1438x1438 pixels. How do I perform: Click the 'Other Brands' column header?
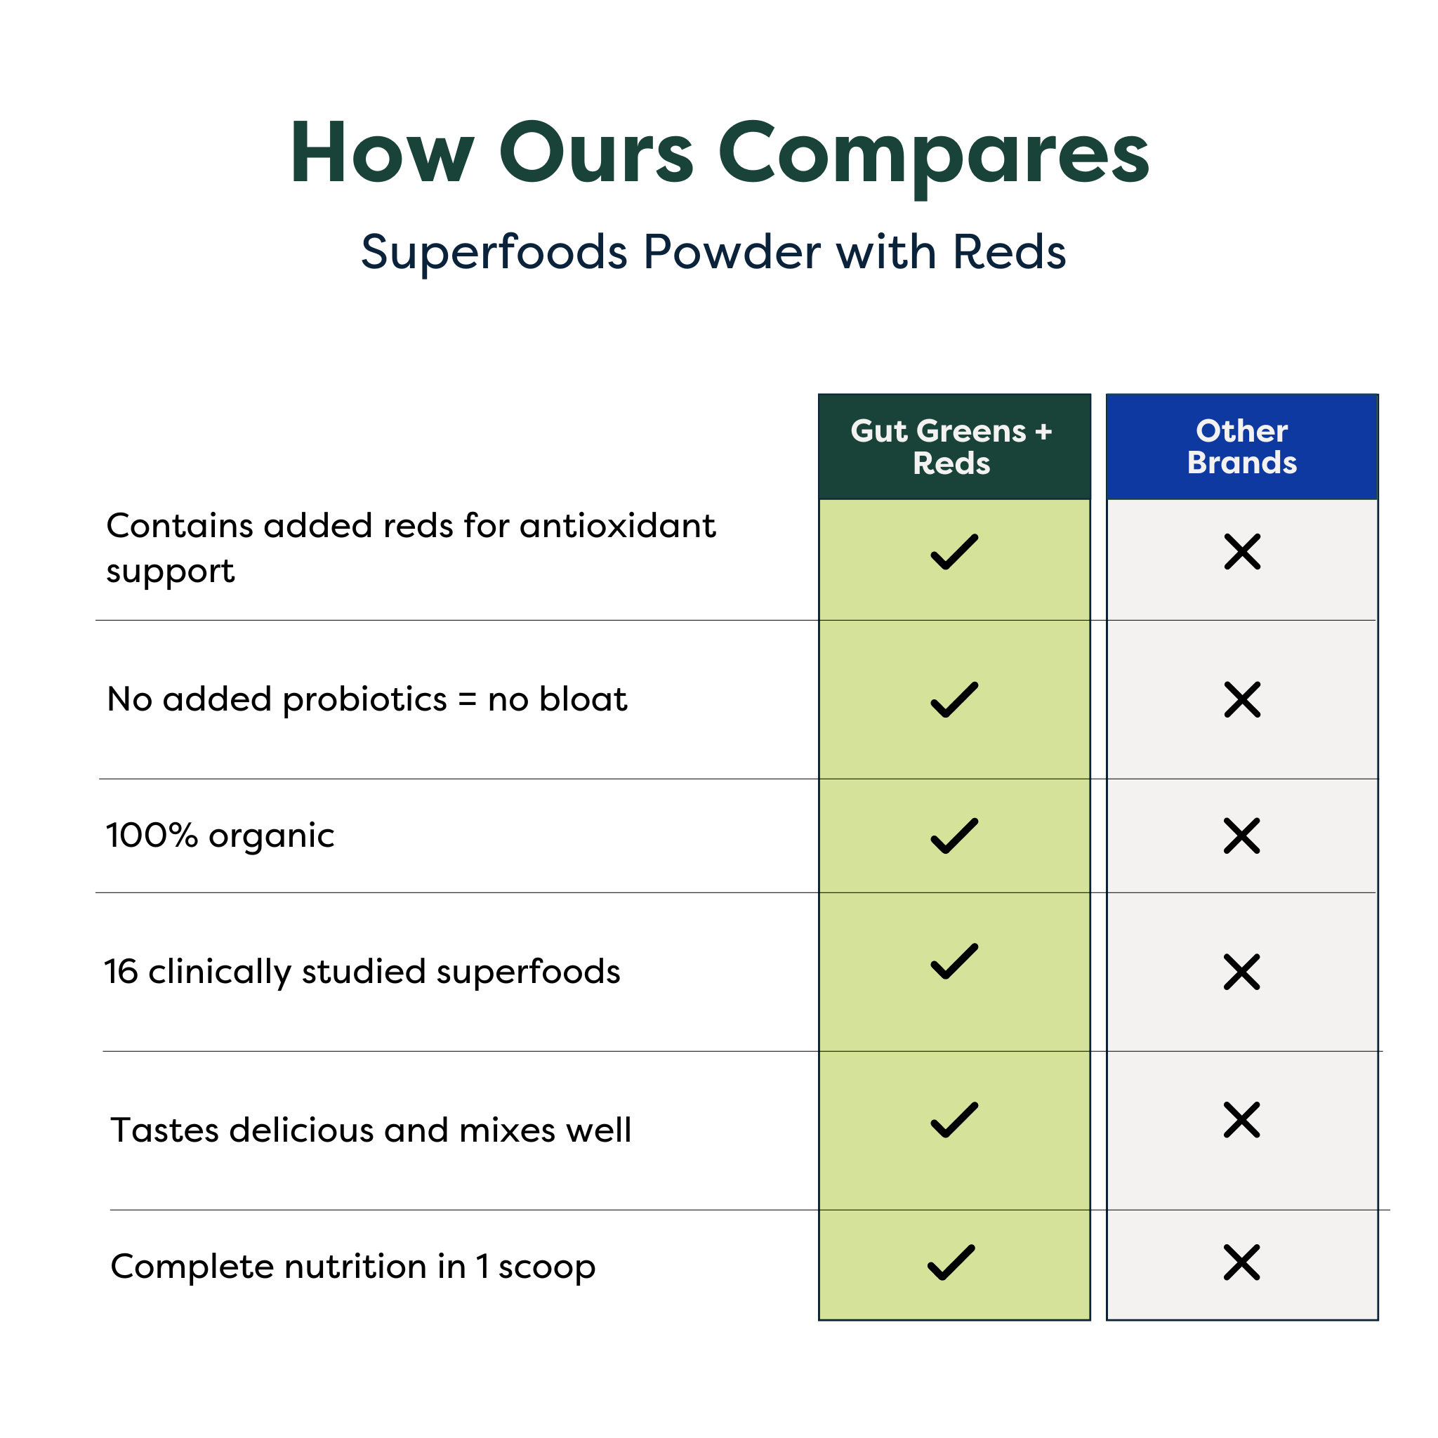pyautogui.click(x=1241, y=447)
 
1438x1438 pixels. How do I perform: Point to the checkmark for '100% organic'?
pyautogui.click(x=954, y=836)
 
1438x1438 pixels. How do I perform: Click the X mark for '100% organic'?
pyautogui.click(x=1241, y=836)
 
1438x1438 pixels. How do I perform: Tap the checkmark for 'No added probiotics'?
pyautogui.click(x=954, y=699)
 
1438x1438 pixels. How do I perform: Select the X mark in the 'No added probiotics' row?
pyautogui.click(x=1242, y=699)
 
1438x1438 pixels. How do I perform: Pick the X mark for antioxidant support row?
pyautogui.click(x=1242, y=551)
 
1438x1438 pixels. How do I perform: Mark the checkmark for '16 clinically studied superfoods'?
pyautogui.click(x=954, y=962)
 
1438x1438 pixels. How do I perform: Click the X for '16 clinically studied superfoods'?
pyautogui.click(x=1241, y=972)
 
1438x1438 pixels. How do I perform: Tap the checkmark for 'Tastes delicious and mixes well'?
pyautogui.click(x=954, y=1120)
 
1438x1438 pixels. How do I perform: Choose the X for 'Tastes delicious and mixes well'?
pyautogui.click(x=1241, y=1120)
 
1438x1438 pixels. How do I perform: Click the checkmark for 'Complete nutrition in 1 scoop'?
pyautogui.click(x=951, y=1262)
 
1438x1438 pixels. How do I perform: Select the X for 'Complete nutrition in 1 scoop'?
pyautogui.click(x=1241, y=1262)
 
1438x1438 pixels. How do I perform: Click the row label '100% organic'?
pyautogui.click(x=220, y=836)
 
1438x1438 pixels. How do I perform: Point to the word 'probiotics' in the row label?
pyautogui.click(x=365, y=700)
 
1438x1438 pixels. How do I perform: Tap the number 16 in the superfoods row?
pyautogui.click(x=121, y=972)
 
